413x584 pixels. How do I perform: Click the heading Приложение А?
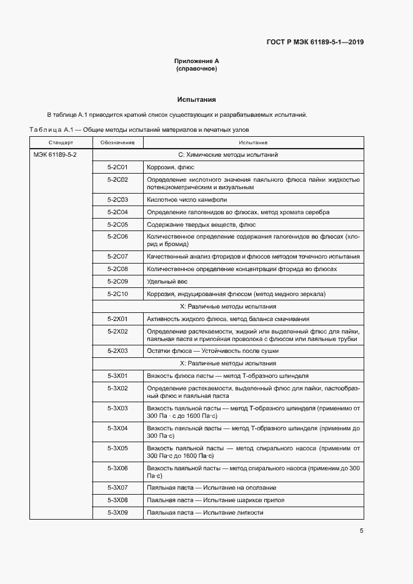pyautogui.click(x=197, y=61)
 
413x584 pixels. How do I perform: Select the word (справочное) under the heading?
pyautogui.click(x=197, y=69)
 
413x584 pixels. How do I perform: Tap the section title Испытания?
pyautogui.click(x=197, y=99)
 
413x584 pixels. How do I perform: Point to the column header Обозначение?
pyautogui.click(x=117, y=143)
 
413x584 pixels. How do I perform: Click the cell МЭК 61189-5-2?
pyautogui.click(x=55, y=154)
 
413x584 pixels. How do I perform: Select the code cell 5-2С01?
pyautogui.click(x=117, y=167)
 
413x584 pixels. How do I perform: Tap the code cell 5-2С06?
pyautogui.click(x=117, y=237)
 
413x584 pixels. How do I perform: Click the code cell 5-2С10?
pyautogui.click(x=117, y=294)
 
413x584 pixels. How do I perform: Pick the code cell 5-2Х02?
pyautogui.click(x=117, y=331)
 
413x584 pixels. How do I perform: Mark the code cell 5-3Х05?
pyautogui.click(x=117, y=448)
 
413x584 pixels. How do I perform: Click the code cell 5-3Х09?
pyautogui.click(x=117, y=512)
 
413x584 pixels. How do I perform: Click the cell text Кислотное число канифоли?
pyautogui.click(x=187, y=200)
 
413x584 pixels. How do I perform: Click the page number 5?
pyautogui.click(x=361, y=531)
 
